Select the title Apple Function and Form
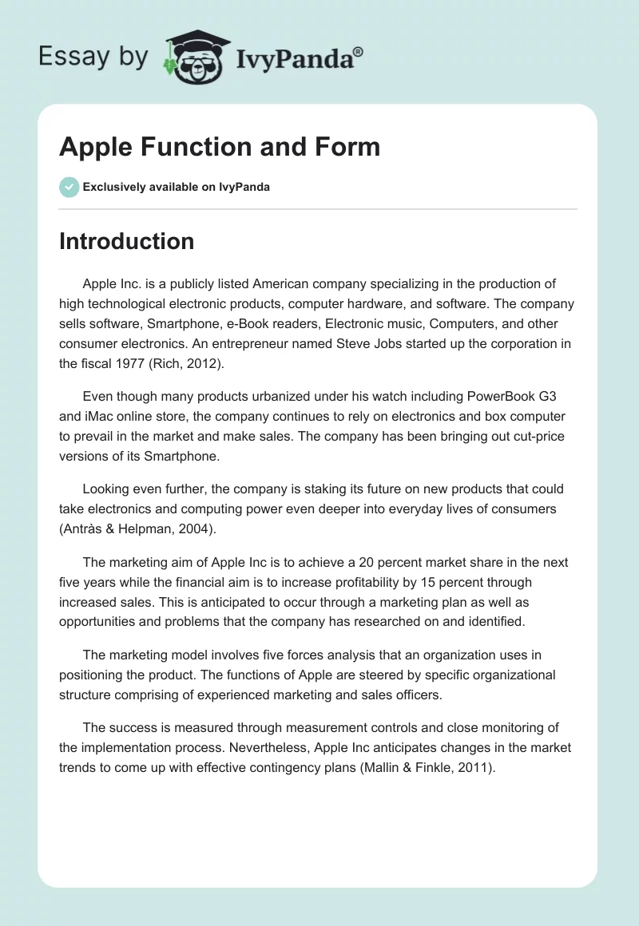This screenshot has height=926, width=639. pos(220,147)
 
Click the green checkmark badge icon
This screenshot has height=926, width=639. pos(69,187)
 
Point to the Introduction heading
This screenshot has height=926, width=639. pos(126,241)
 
